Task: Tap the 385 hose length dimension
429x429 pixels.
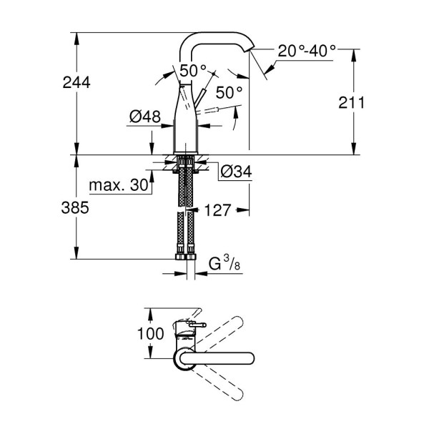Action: pos(75,208)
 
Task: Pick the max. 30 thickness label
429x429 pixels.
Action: pos(118,186)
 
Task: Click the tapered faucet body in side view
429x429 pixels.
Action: pos(185,122)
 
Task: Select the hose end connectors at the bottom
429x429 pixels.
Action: pos(185,256)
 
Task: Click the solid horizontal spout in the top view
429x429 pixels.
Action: pos(222,358)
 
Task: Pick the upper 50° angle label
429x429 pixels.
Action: pos(192,70)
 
